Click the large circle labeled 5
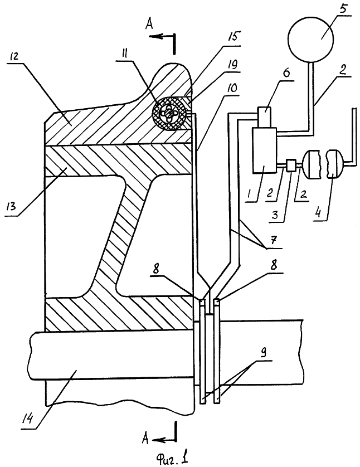coord(312,38)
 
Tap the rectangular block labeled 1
coord(264,150)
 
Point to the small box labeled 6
coord(264,118)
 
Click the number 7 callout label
coord(274,239)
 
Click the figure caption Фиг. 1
coord(173,456)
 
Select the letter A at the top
coord(149,24)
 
